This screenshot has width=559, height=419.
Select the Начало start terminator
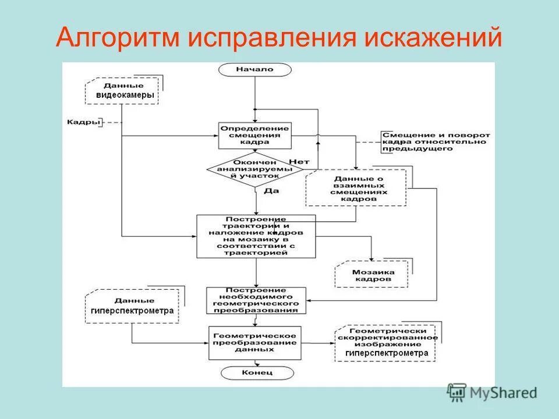(x=254, y=69)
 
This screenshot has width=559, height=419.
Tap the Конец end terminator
(x=254, y=372)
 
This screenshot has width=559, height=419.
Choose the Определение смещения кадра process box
(x=254, y=135)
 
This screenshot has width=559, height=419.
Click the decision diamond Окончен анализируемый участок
(x=254, y=169)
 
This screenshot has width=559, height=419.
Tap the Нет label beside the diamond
(x=298, y=161)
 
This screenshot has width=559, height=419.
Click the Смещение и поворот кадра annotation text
(x=435, y=142)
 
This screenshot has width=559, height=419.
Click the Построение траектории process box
(x=256, y=236)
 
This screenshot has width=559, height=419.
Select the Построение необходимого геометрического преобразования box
(x=256, y=300)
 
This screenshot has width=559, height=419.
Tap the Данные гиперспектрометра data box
(x=133, y=306)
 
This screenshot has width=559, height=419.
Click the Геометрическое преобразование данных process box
(x=254, y=343)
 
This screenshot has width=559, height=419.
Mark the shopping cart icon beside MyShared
(x=457, y=393)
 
